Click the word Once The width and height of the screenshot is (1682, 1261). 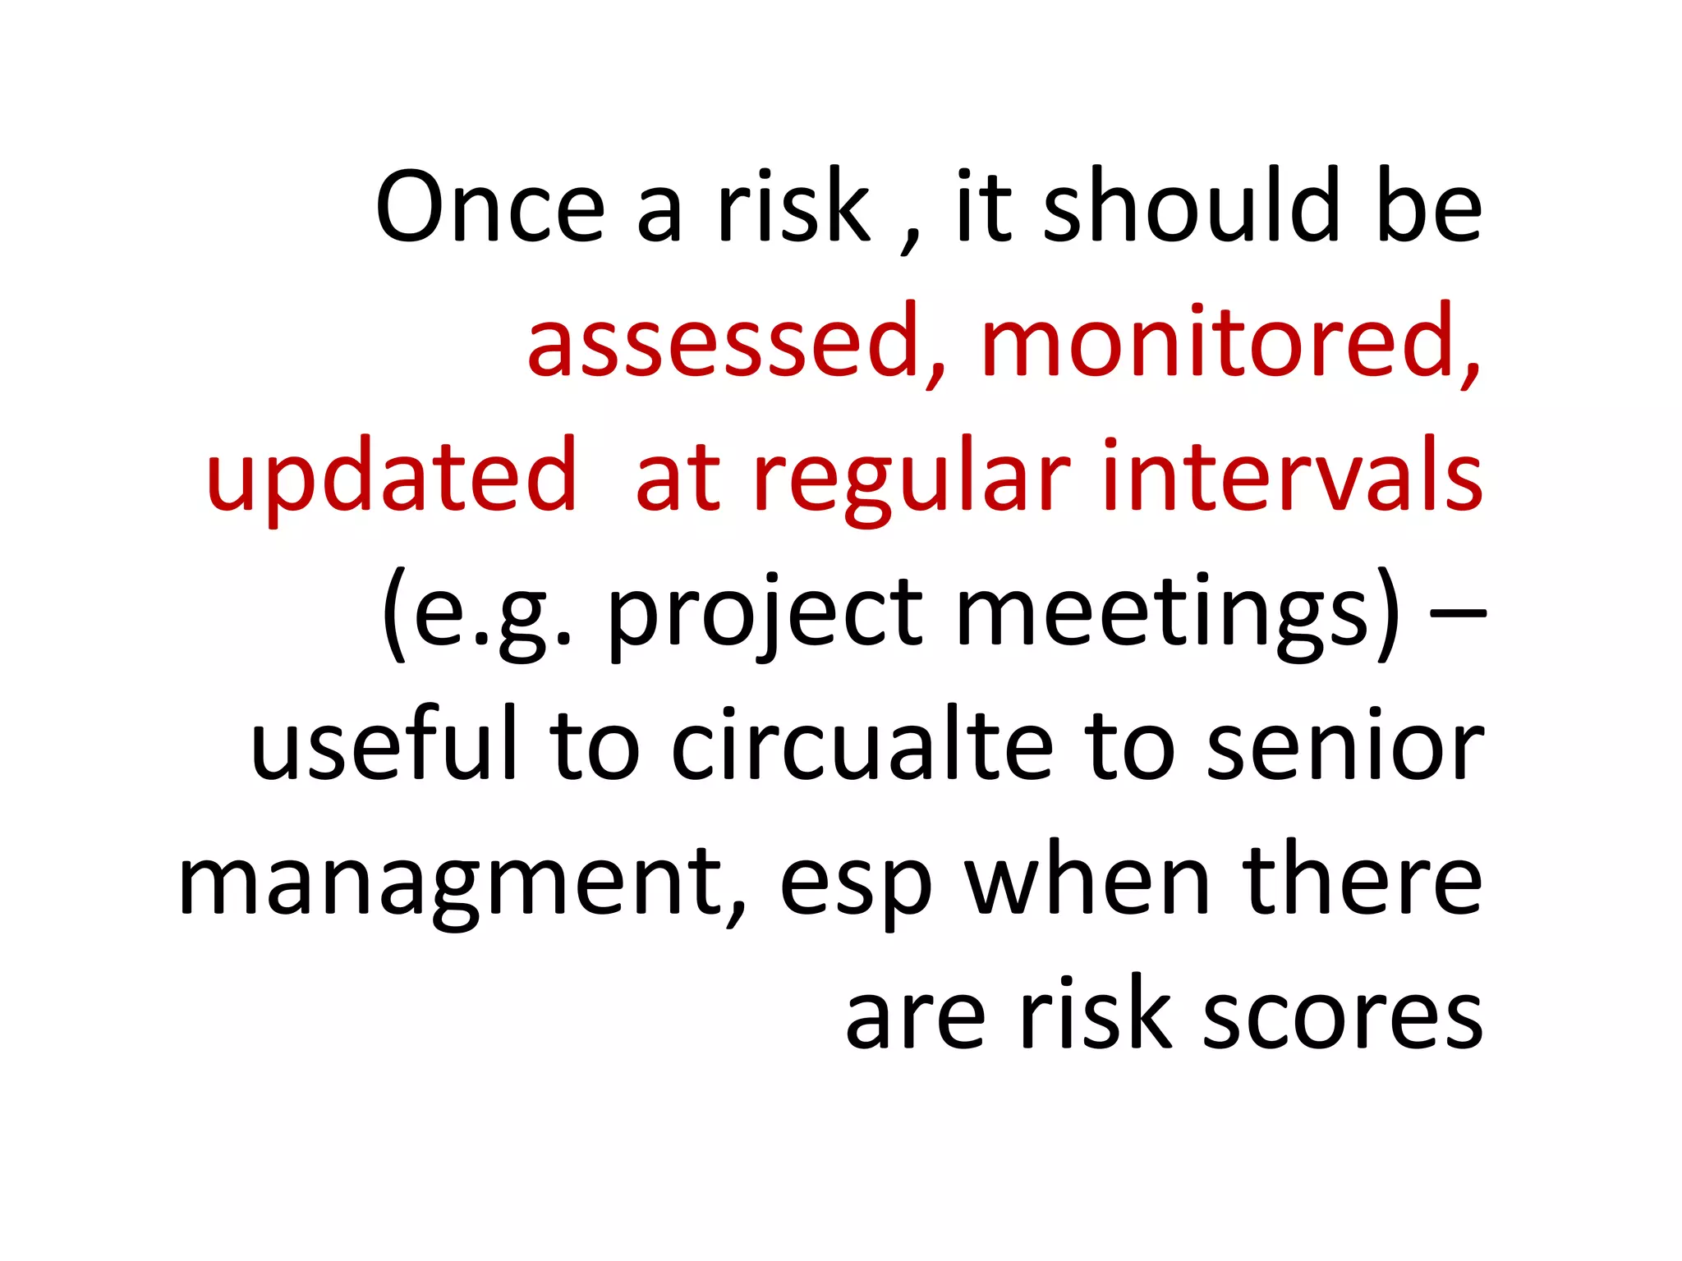point(490,207)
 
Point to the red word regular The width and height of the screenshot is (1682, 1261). point(912,478)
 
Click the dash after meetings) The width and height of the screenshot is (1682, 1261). point(1458,612)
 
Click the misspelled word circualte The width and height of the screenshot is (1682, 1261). point(862,744)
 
